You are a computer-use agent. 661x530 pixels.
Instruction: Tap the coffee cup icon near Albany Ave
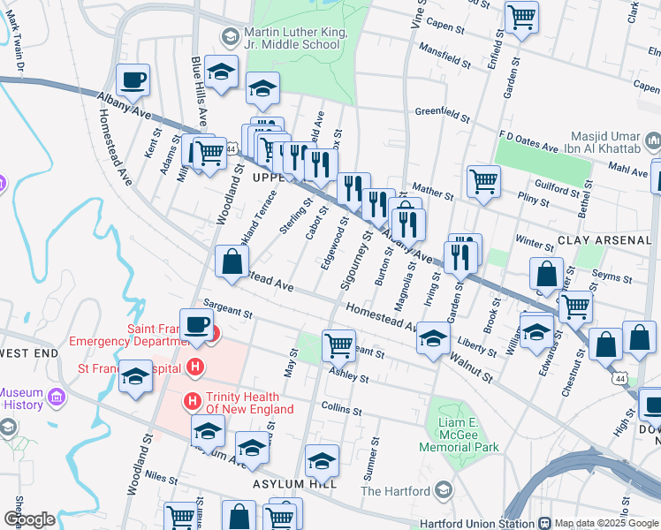(133, 80)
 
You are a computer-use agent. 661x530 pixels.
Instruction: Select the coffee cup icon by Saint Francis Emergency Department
(196, 324)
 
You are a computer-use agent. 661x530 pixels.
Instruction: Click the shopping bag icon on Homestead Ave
(232, 262)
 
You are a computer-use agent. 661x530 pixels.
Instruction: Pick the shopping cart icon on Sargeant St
(338, 345)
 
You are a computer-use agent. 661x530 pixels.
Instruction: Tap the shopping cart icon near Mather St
(483, 181)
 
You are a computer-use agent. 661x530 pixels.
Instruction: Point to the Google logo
(28, 519)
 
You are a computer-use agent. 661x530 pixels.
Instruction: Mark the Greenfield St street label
(443, 113)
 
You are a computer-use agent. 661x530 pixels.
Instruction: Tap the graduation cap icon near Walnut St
(432, 339)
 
